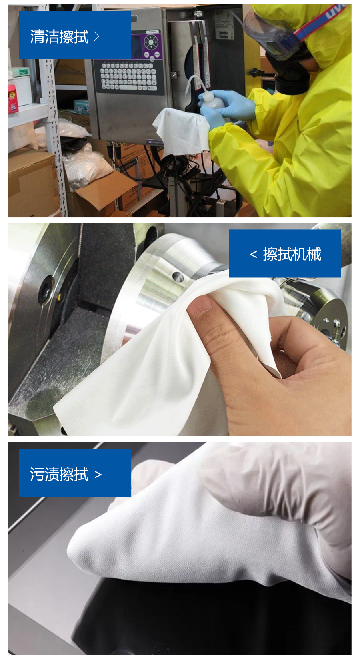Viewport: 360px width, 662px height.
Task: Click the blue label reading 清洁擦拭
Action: [x=75, y=35]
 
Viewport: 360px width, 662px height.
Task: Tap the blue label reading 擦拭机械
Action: [x=284, y=253]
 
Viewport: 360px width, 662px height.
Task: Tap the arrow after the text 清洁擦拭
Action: [x=96, y=37]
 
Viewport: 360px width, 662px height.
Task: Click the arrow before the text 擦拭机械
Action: [x=253, y=254]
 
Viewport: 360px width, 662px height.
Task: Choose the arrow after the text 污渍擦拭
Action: [x=98, y=475]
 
